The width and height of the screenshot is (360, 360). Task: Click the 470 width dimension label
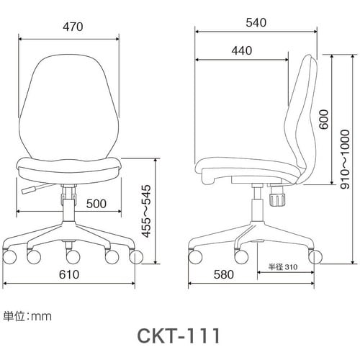point(73,27)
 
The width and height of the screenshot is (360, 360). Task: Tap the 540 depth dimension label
point(256,22)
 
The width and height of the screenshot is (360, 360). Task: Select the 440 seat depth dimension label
point(242,50)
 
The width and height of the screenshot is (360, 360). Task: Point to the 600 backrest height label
point(324,120)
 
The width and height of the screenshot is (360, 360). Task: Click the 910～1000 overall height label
point(345,159)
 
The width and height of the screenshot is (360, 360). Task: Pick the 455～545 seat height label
point(147,211)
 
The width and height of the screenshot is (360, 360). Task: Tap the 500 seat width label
point(96,204)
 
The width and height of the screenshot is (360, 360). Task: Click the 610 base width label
point(69,274)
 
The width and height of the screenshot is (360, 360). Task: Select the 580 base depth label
point(224,274)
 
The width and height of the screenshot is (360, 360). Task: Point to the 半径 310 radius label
point(283,266)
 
